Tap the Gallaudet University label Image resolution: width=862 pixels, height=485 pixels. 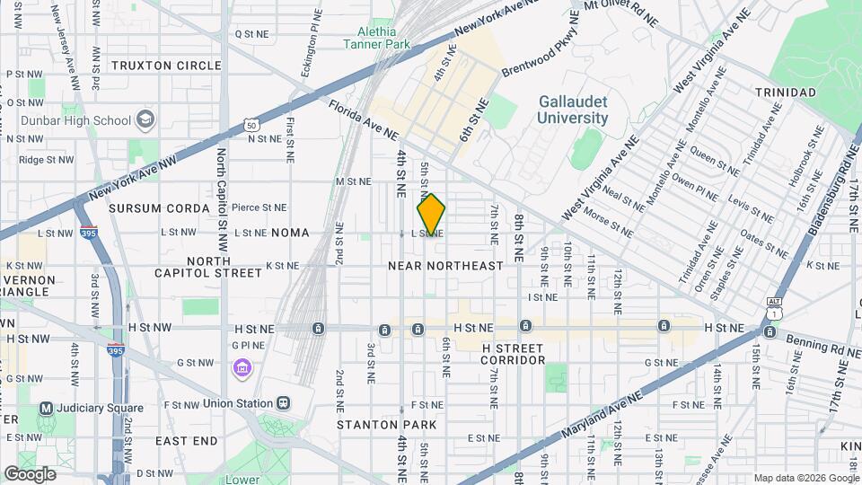[573, 110]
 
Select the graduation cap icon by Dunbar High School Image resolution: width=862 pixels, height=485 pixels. [145, 120]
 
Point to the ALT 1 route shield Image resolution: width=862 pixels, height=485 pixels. [774, 308]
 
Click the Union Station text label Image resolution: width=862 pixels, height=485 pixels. [238, 402]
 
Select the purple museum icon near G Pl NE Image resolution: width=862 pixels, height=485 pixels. [241, 366]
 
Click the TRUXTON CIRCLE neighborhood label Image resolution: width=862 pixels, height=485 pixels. [166, 66]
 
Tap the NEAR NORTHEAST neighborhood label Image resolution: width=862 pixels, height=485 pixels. [445, 266]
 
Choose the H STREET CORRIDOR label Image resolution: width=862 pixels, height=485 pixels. [513, 354]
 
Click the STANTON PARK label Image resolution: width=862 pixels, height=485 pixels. [386, 424]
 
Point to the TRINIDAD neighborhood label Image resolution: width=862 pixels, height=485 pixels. [785, 93]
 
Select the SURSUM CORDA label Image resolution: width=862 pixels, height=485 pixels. [158, 208]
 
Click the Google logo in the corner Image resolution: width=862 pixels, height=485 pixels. [30, 473]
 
